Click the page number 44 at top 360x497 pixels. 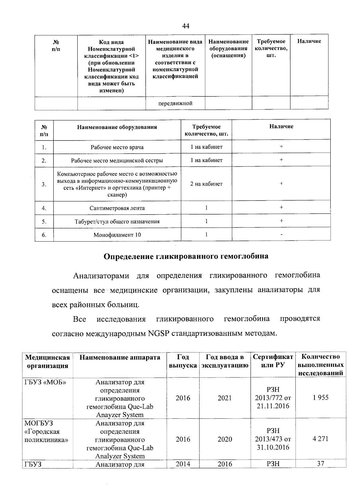coord(186,26)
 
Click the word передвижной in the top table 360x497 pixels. coord(175,103)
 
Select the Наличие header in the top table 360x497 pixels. coord(309,41)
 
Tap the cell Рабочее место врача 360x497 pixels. coord(117,147)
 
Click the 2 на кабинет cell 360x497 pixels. coord(206,184)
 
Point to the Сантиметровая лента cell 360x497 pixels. coord(117,208)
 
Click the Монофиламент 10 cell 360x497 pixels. coord(117,235)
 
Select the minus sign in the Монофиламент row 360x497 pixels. coord(281,235)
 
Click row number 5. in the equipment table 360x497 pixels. coord(44,221)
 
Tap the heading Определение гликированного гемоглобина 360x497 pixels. coord(186,256)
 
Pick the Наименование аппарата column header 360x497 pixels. coord(120,357)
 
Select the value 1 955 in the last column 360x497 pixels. coord(320,398)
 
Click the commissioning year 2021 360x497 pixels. coord(225,398)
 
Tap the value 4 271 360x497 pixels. coord(320,439)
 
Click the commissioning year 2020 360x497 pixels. coord(225,439)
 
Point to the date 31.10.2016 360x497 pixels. coord(273,447)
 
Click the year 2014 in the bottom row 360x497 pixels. coord(183,464)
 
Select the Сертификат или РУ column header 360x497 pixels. coord(273,361)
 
